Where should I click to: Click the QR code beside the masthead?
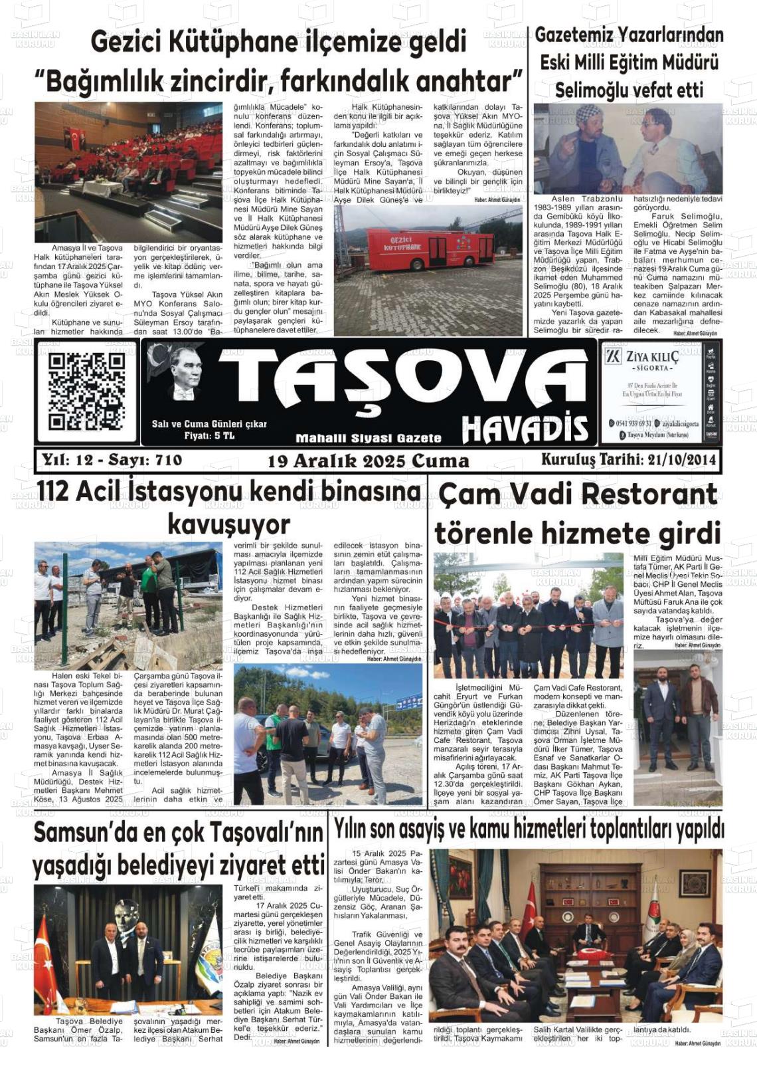point(86,391)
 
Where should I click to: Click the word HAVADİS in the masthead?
point(525,429)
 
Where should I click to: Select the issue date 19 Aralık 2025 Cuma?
point(368,461)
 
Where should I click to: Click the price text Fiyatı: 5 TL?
point(209,436)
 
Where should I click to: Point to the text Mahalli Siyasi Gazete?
point(368,438)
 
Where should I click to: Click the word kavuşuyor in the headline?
point(228,524)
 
